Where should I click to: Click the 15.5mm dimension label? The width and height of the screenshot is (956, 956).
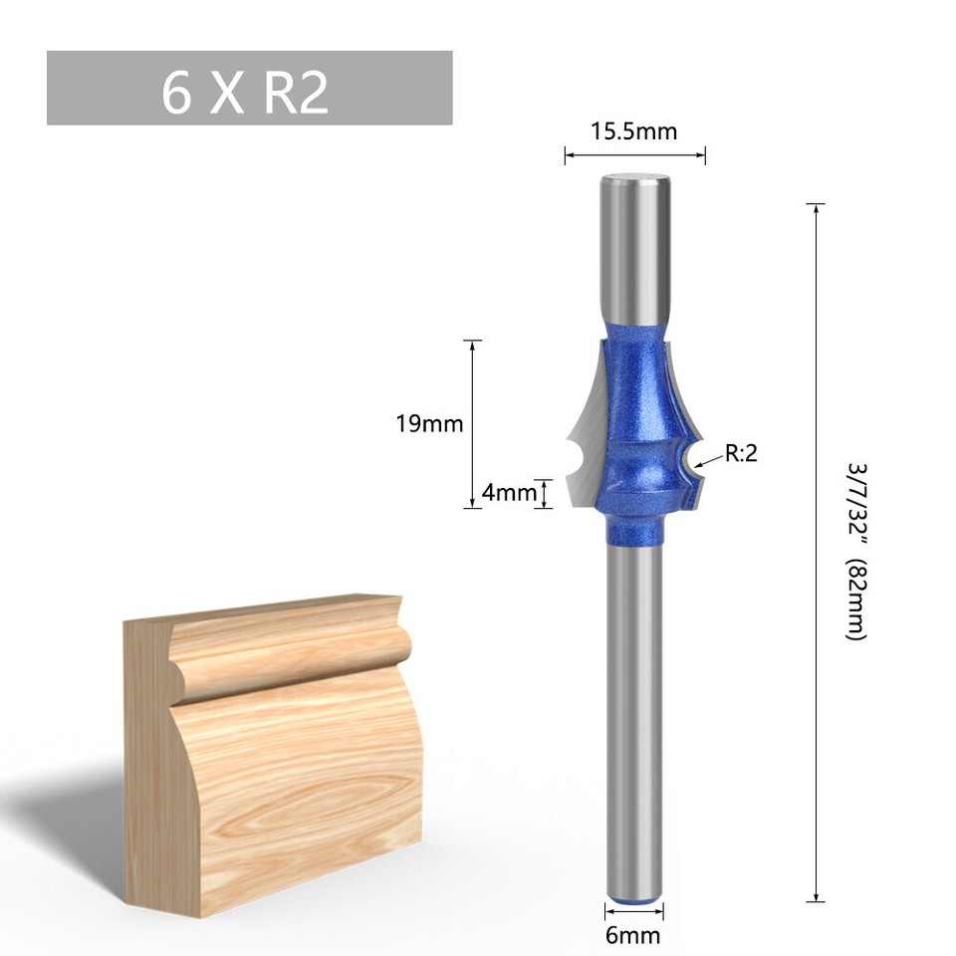[x=634, y=130]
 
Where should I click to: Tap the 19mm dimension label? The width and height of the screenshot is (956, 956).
[x=429, y=423]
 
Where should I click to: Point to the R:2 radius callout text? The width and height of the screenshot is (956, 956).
[x=741, y=454]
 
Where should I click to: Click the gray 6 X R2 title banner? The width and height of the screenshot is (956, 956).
[x=249, y=88]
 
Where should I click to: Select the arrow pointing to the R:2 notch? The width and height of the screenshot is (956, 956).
[x=710, y=461]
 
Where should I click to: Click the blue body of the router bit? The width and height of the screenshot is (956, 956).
[x=634, y=418]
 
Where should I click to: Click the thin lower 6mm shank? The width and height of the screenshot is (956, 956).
[x=634, y=717]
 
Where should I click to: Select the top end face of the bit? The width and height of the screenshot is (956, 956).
[x=634, y=180]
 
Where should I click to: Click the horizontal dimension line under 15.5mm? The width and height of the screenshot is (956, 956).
[x=634, y=153]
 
